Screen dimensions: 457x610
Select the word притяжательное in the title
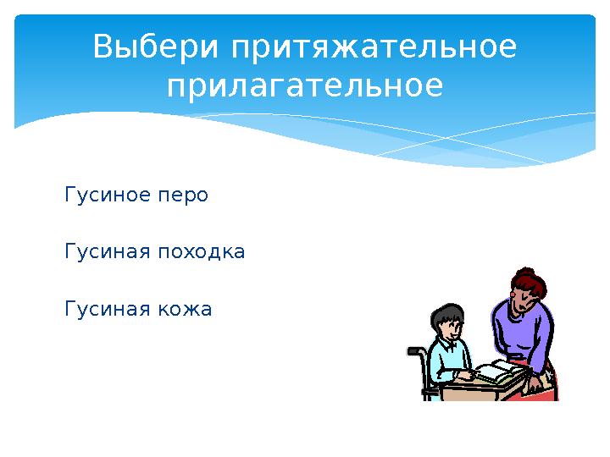pos(374,48)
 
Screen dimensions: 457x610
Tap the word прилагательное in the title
pos(305,85)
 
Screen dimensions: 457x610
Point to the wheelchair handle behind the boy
pos(413,350)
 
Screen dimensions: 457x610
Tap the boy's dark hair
pos(446,313)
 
